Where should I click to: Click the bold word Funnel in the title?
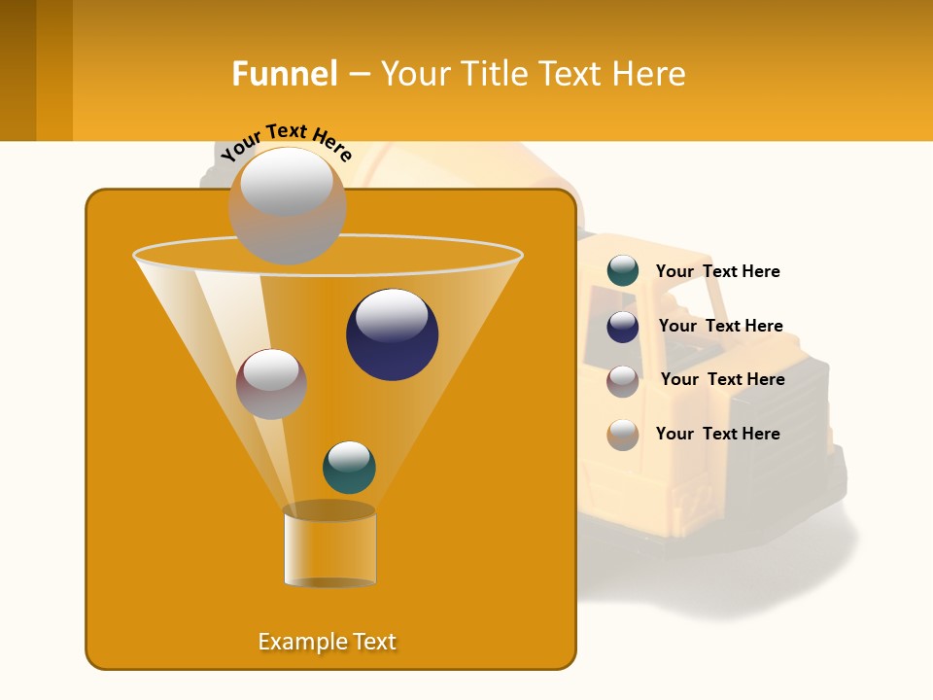(284, 74)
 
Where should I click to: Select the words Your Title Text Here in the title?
(533, 74)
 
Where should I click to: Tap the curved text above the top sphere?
(287, 142)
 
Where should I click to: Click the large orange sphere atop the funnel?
(287, 206)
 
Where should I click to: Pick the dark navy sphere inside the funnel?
(392, 334)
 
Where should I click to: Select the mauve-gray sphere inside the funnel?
(271, 384)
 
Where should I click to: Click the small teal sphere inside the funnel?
(349, 468)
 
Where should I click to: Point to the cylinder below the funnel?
(329, 550)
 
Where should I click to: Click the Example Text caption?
(328, 642)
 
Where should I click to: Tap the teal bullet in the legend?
(623, 271)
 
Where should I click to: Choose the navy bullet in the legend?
(623, 327)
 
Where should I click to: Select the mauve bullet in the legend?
(623, 381)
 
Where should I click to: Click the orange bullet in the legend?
(623, 435)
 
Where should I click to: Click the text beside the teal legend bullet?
(717, 271)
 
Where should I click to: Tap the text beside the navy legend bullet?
(720, 326)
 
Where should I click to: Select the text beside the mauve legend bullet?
(722, 379)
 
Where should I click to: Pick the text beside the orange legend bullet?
(717, 434)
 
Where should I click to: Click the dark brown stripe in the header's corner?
(17, 70)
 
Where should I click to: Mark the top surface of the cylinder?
(329, 510)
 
